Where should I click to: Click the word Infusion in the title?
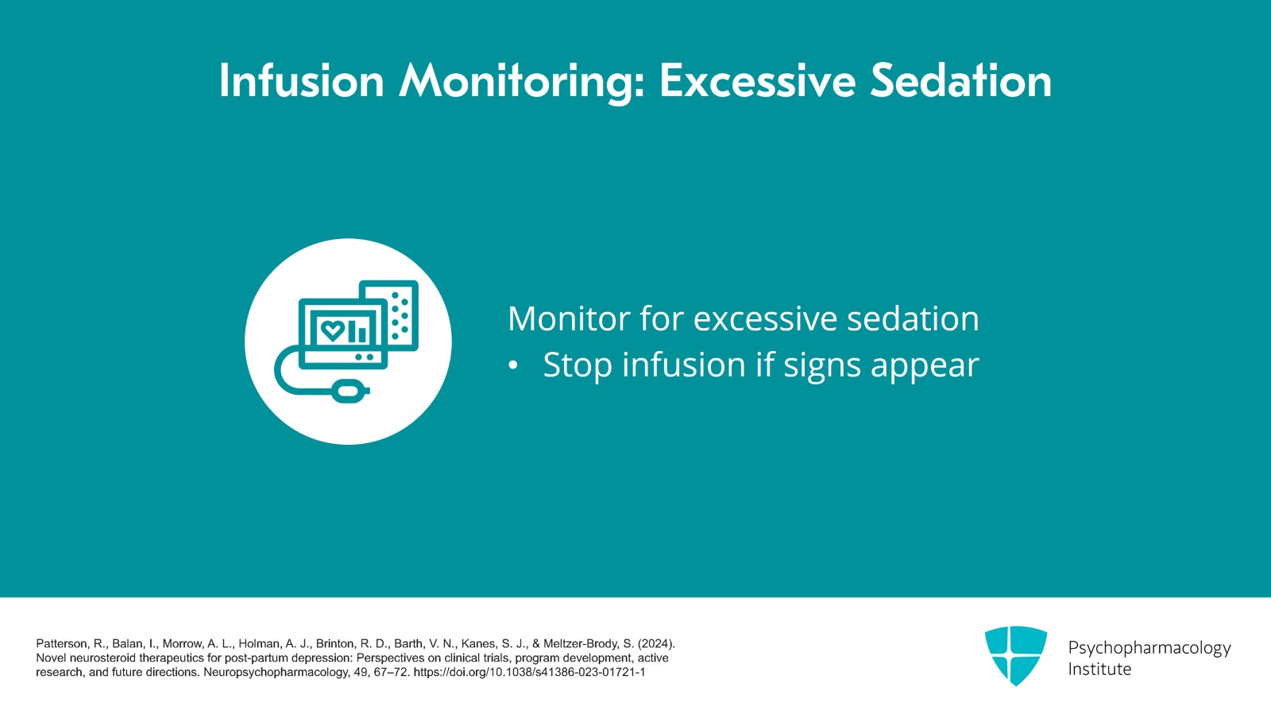(302, 80)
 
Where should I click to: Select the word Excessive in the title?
(758, 80)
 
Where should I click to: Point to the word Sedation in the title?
(961, 80)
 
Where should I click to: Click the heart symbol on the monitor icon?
(332, 330)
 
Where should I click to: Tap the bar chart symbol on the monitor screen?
(358, 331)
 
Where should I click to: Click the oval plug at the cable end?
(349, 391)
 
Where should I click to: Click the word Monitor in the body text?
(570, 318)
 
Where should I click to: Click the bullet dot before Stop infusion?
(513, 366)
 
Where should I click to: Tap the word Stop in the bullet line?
(578, 365)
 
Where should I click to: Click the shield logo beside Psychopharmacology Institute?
(1016, 655)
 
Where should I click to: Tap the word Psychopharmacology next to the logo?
(1149, 648)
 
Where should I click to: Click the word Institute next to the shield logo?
(1099, 670)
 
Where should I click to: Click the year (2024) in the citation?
(656, 643)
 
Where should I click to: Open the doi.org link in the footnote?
(529, 672)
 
